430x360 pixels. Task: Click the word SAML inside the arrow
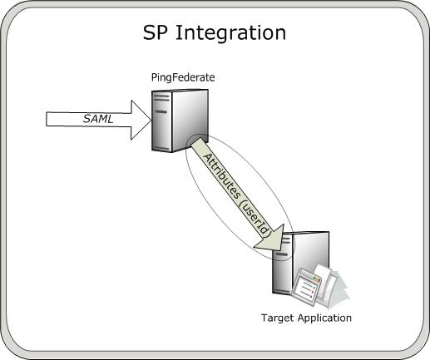click(98, 119)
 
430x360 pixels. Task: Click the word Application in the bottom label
click(323, 318)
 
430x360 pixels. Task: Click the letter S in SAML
click(86, 119)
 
